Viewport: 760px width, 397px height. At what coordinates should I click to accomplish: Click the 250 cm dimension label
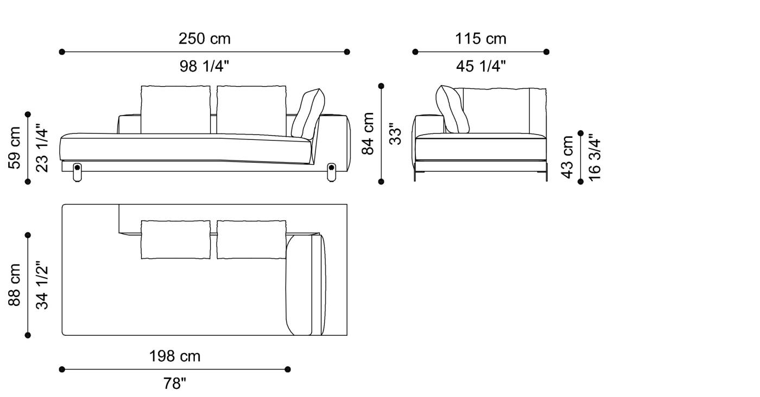click(x=204, y=39)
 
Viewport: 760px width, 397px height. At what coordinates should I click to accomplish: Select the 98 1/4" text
click(x=204, y=66)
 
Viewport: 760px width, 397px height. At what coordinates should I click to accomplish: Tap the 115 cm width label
click(x=480, y=39)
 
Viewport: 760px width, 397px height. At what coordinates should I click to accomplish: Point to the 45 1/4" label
click(x=480, y=66)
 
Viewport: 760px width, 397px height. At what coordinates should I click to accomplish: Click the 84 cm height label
click(x=369, y=133)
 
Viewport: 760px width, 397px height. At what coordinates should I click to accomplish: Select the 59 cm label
click(x=15, y=148)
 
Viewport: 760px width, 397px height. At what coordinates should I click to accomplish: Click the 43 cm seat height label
click(x=567, y=157)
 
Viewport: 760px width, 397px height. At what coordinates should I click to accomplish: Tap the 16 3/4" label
click(x=594, y=157)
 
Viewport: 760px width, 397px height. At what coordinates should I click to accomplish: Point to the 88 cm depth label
click(x=15, y=285)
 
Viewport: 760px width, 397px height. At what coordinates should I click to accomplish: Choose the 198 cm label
click(x=175, y=356)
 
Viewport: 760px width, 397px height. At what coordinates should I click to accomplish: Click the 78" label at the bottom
click(x=175, y=383)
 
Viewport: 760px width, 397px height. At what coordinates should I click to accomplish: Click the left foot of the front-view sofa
click(x=77, y=171)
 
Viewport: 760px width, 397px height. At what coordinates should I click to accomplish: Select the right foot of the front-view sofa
click(x=332, y=171)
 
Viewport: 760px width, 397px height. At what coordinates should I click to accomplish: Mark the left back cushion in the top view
click(x=175, y=239)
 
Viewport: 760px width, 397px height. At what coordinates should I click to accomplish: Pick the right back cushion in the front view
click(x=251, y=109)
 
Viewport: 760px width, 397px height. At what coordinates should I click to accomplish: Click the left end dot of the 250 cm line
click(x=62, y=52)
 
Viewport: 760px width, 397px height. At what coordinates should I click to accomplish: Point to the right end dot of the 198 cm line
click(x=288, y=369)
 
